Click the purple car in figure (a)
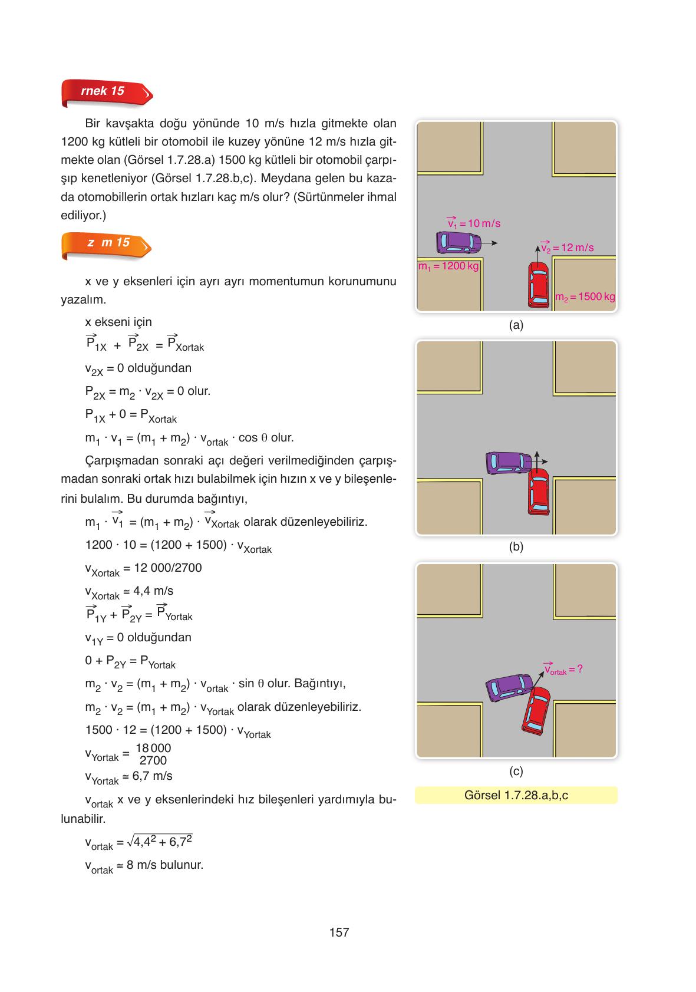pyautogui.click(x=458, y=241)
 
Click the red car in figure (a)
pyautogui.click(x=537, y=285)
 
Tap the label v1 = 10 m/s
pyautogui.click(x=473, y=223)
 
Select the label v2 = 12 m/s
pyautogui.click(x=568, y=248)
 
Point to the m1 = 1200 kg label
pyautogui.click(x=448, y=266)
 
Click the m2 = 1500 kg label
pyautogui.click(x=585, y=296)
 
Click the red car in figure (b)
pyautogui.click(x=537, y=491)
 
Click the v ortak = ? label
pyautogui.click(x=563, y=670)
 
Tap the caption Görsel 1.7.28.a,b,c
pyautogui.click(x=516, y=795)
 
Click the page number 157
pyautogui.click(x=339, y=932)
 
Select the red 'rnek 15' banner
pyautogui.click(x=106, y=92)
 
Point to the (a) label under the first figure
pyautogui.click(x=516, y=325)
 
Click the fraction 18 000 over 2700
pyautogui.click(x=153, y=754)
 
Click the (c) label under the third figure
pyautogui.click(x=516, y=771)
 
